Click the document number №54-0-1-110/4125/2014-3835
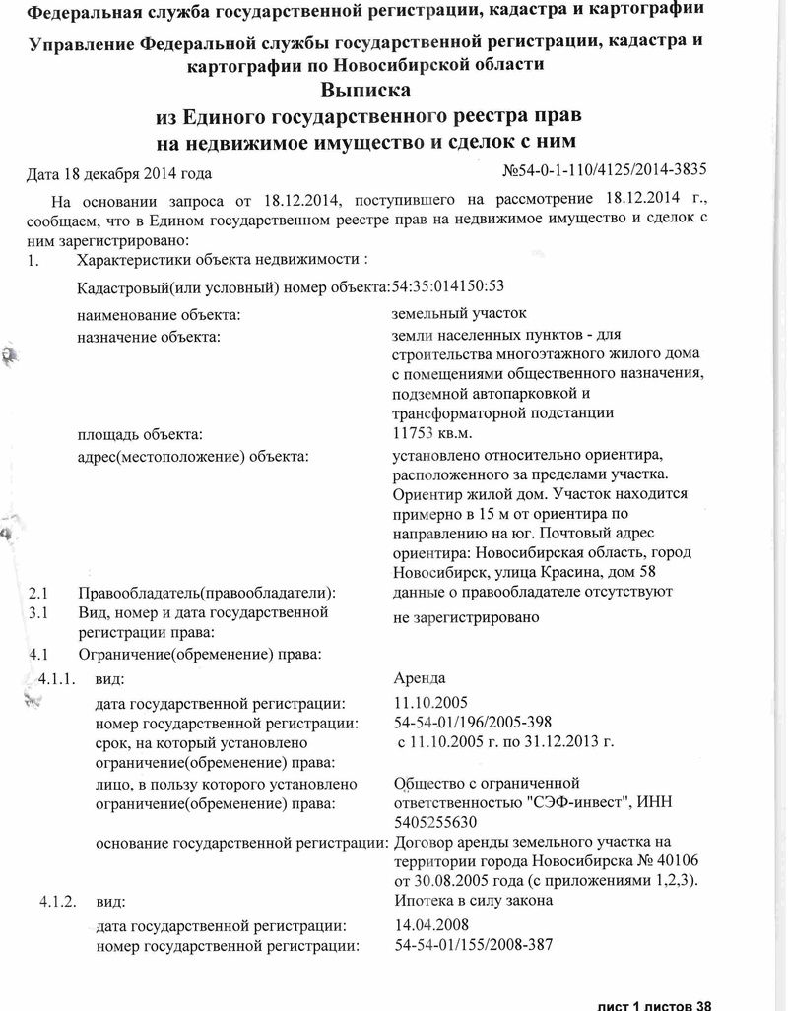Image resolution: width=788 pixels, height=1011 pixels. (605, 171)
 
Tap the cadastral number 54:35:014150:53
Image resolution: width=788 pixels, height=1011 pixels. (448, 286)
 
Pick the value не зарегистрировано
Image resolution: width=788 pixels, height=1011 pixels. (466, 618)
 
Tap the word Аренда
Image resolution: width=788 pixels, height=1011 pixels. (419, 678)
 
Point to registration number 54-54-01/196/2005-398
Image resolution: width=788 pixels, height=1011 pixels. (473, 723)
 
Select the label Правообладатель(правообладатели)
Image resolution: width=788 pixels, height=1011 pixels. (201, 593)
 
